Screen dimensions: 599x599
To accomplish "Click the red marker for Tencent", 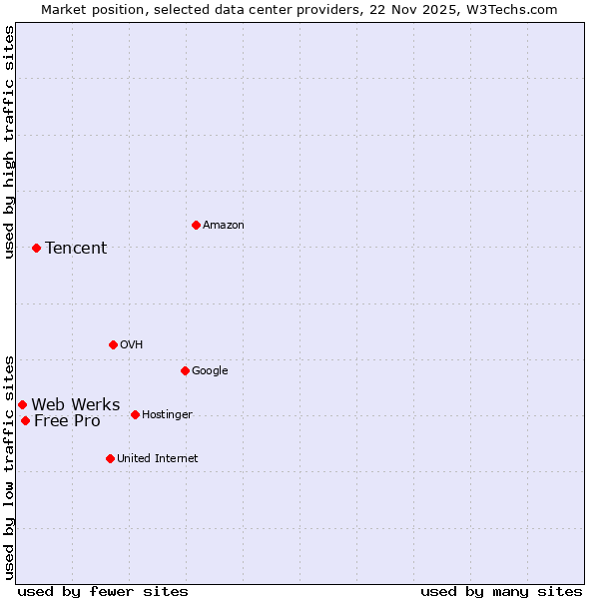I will [36, 248].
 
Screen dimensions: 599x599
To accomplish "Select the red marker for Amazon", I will [196, 225].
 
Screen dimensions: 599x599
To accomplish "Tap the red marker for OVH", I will [113, 344].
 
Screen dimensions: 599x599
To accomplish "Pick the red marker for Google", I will [185, 370].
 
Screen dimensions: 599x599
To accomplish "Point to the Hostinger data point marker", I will [135, 414].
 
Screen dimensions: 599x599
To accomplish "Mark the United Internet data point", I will [110, 458].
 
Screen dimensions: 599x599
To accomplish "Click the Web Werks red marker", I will [22, 404].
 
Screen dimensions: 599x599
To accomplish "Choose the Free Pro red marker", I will [25, 420].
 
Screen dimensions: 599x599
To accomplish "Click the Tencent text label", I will [76, 249].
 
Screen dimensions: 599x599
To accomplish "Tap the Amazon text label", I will [224, 226].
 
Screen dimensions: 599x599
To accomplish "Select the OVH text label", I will [132, 345].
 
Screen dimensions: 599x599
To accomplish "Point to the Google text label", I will [210, 371].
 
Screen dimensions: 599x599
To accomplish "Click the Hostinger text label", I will [167, 415].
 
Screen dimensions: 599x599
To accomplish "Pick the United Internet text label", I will [157, 459].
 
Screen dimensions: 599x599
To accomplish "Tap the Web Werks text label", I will [76, 405].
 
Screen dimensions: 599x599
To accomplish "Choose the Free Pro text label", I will [67, 421].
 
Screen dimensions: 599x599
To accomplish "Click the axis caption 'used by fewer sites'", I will [103, 592].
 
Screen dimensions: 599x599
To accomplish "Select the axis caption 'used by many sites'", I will [501, 592].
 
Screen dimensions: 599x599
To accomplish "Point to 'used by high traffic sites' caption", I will [10, 142].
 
